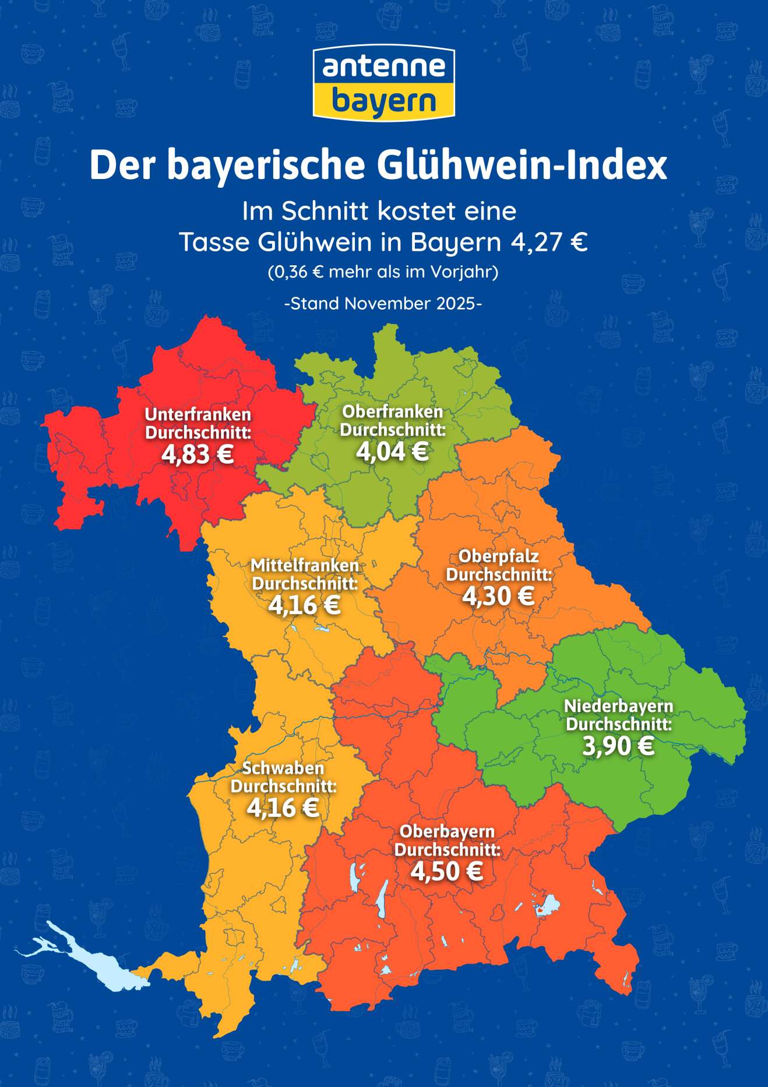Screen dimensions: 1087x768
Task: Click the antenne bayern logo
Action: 383,82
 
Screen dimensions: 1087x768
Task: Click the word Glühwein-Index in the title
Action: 522,166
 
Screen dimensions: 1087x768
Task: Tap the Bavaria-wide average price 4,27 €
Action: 549,242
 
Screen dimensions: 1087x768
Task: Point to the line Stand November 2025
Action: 383,304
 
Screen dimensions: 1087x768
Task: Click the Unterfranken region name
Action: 198,415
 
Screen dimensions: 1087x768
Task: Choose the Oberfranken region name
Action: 392,412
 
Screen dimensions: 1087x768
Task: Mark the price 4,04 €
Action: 392,451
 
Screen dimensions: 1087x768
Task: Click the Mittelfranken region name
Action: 305,565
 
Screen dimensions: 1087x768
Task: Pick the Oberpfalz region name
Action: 498,556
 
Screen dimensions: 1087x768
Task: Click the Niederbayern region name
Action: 618,706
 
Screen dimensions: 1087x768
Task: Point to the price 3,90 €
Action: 618,746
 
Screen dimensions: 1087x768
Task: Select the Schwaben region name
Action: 283,768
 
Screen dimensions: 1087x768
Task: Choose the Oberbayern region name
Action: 447,832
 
